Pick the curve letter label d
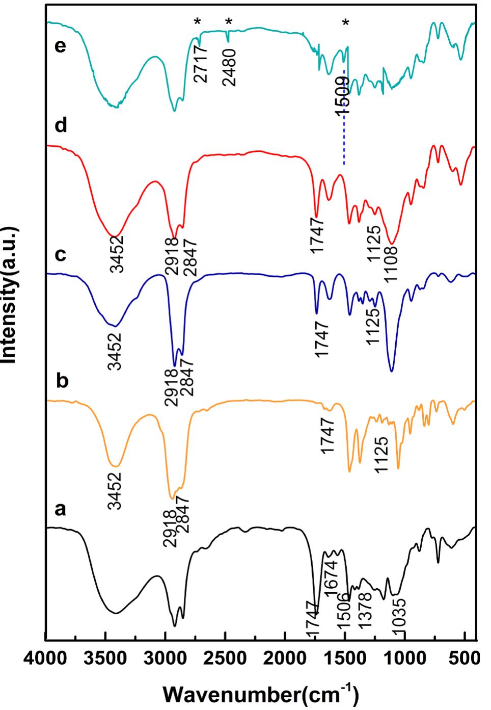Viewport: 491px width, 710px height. coord(61,125)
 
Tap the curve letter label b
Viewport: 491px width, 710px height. coord(62,381)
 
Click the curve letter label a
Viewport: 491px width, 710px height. coord(61,509)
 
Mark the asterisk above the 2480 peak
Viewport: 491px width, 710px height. coord(229,21)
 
